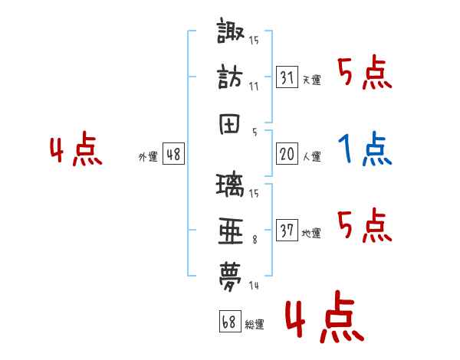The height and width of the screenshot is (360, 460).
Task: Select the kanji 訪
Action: [x=231, y=79]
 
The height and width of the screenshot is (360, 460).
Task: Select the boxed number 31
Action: [x=287, y=77]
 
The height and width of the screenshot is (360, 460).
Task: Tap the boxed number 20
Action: [x=287, y=154]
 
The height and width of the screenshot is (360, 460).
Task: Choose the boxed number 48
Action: [x=173, y=154]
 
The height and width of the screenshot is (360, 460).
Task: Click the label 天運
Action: [x=311, y=80]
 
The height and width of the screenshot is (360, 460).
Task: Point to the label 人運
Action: [x=311, y=156]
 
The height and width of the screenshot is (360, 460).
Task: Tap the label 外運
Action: [x=148, y=156]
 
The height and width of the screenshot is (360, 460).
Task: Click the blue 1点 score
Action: [x=365, y=149]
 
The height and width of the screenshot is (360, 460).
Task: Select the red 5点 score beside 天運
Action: [x=365, y=74]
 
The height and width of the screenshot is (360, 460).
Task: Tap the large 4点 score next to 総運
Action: [x=324, y=320]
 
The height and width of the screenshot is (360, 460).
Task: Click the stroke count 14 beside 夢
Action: [x=254, y=286]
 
